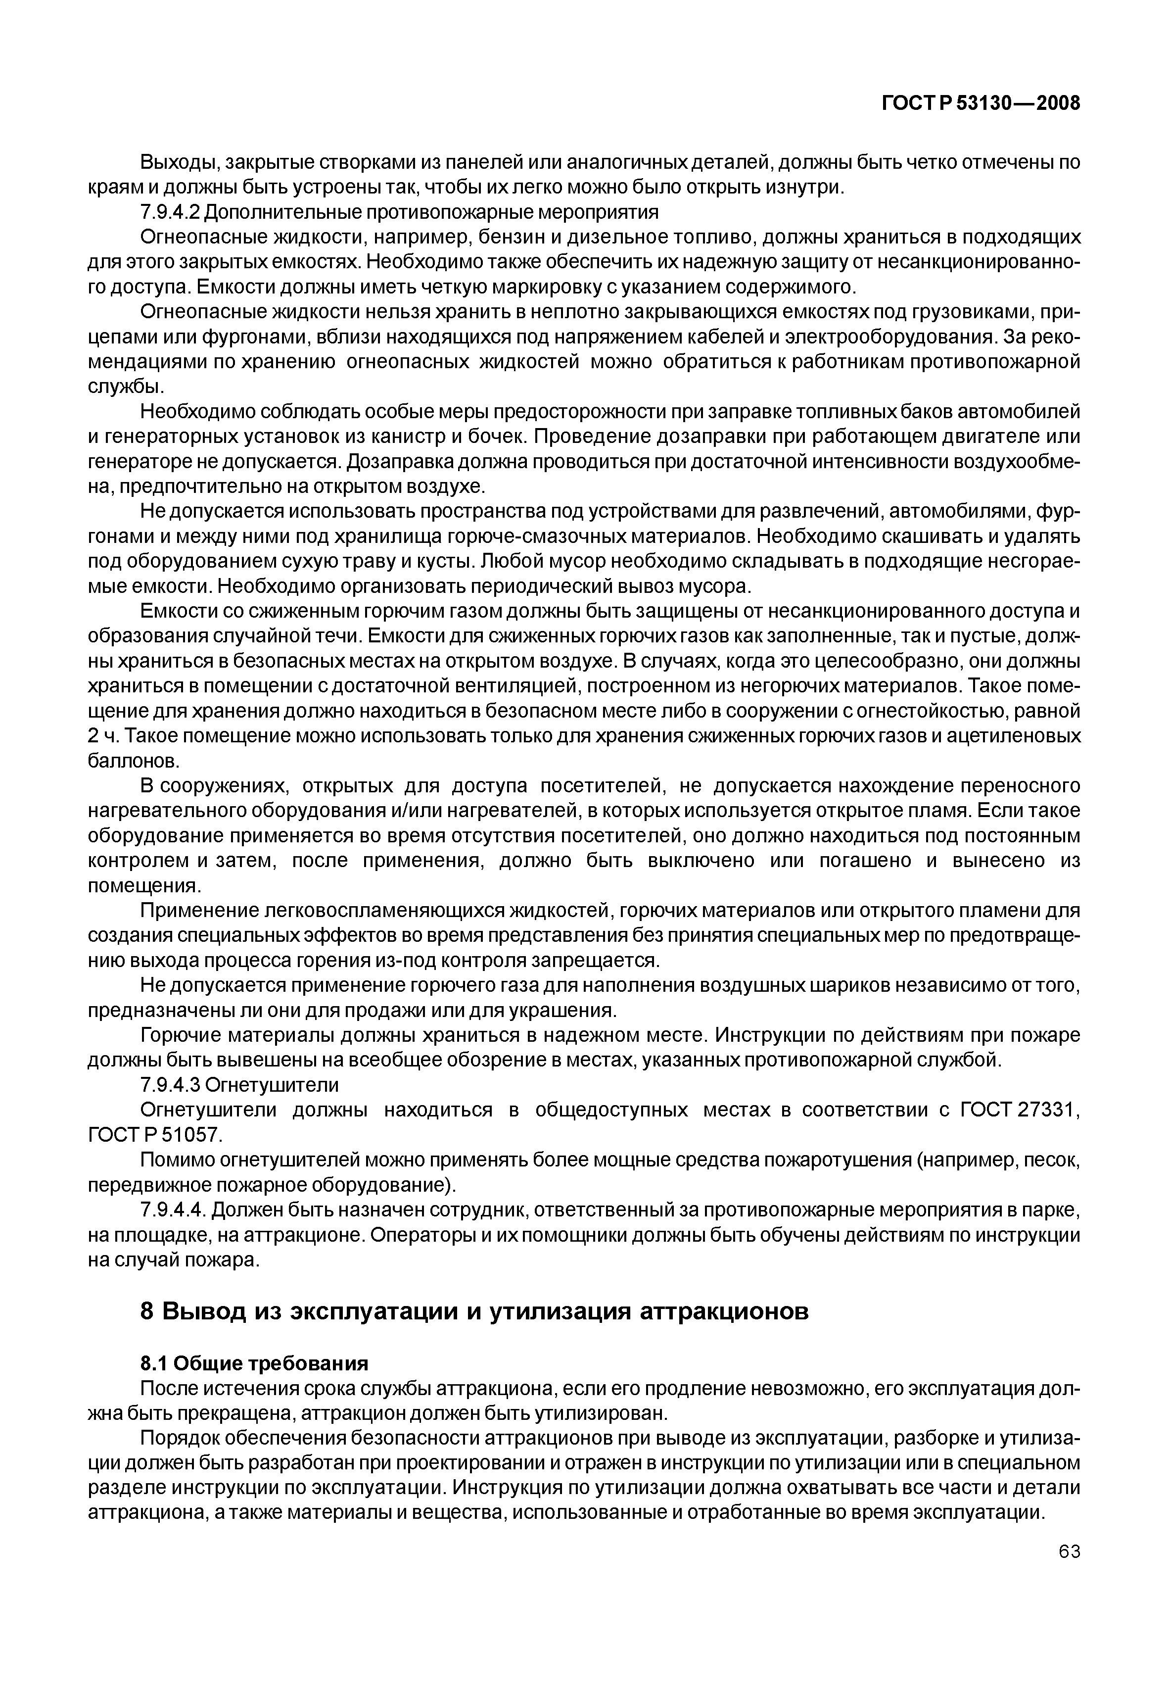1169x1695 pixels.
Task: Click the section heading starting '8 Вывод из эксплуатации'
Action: point(474,1311)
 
